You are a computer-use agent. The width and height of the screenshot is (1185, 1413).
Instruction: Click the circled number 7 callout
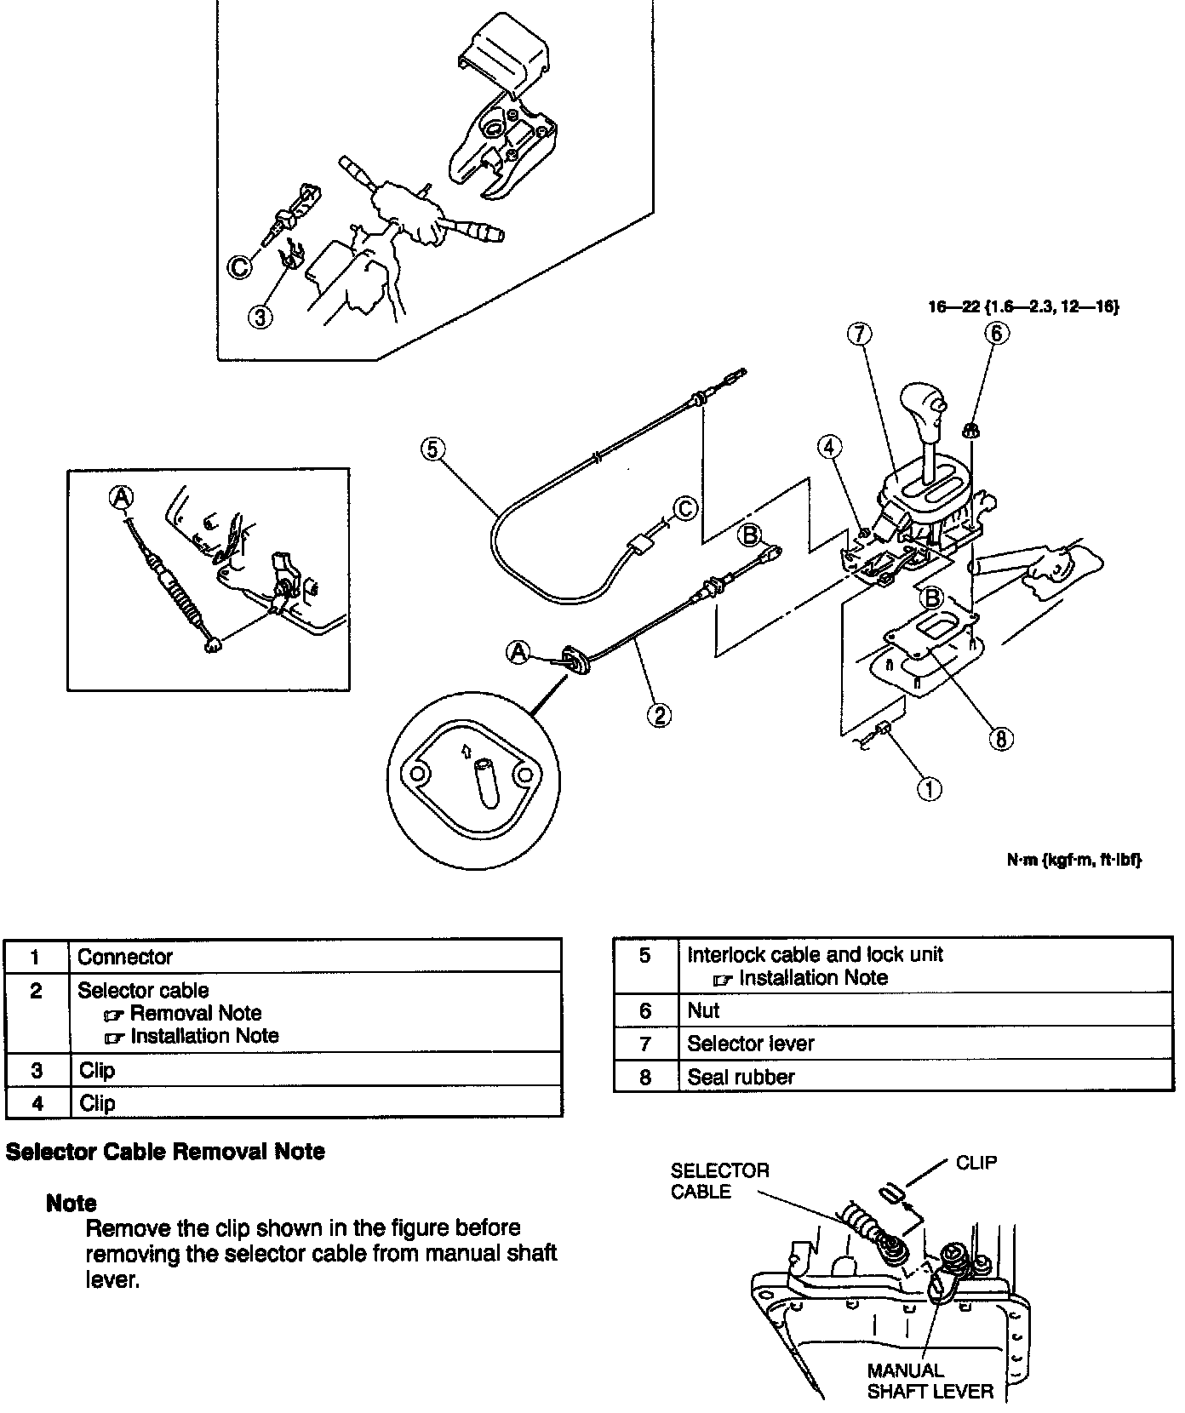coord(859,335)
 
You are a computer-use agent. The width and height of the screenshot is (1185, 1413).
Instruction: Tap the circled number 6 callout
coord(997,333)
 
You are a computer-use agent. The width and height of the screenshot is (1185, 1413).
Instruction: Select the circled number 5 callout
coord(432,448)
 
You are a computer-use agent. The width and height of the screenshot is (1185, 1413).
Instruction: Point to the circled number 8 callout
coord(1000,739)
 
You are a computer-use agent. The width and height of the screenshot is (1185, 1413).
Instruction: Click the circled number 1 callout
coord(929,789)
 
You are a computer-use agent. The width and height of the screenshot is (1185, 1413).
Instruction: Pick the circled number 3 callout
coord(261,317)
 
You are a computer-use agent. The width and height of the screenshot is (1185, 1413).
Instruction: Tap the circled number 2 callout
coord(659,715)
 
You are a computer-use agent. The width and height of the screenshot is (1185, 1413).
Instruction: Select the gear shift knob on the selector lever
coord(923,404)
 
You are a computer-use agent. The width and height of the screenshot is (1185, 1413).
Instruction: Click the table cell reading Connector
coord(125,957)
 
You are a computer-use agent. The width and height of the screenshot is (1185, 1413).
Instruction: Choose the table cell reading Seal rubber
coord(741,1077)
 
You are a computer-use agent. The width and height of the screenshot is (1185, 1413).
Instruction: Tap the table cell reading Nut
coord(703,1010)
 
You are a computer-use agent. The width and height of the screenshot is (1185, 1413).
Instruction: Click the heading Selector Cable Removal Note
coord(165,1152)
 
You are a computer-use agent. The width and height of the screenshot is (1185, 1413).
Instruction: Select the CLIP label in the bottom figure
coord(976,1163)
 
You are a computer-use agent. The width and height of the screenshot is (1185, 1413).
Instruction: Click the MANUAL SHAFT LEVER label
coord(930,1381)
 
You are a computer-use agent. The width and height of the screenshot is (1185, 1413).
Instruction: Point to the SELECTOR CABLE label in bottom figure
coord(719,1181)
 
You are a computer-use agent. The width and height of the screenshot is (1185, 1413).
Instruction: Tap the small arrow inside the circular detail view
coord(465,750)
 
